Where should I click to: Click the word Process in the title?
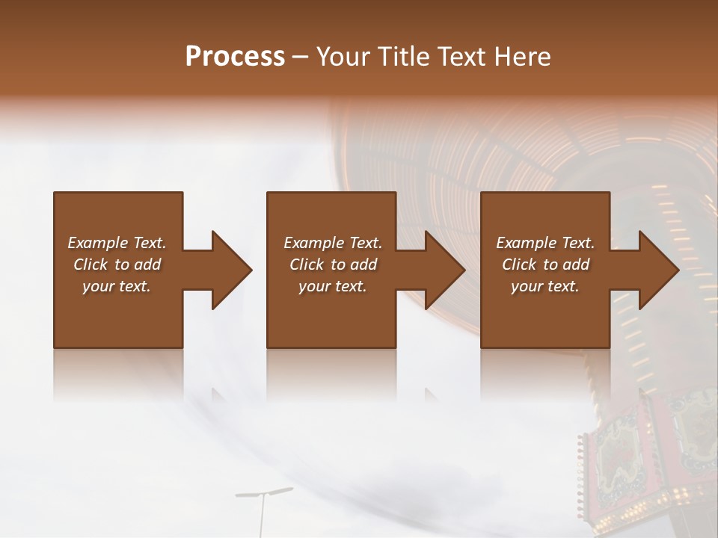[x=235, y=57]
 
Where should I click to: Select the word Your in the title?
[x=341, y=57]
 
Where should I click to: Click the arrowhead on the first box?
[x=230, y=270]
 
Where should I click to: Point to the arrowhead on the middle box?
[x=444, y=270]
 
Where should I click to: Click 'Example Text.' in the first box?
[x=117, y=243]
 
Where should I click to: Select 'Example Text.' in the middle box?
[x=333, y=243]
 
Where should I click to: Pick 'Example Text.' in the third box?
[x=545, y=243]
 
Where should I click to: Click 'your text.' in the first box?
[x=117, y=286]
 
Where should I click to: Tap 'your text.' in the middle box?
[x=333, y=286]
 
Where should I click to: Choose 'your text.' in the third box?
[x=545, y=286]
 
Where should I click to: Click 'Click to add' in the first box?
[x=117, y=265]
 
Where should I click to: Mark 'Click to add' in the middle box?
[x=333, y=265]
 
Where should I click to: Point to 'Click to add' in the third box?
[x=545, y=265]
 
